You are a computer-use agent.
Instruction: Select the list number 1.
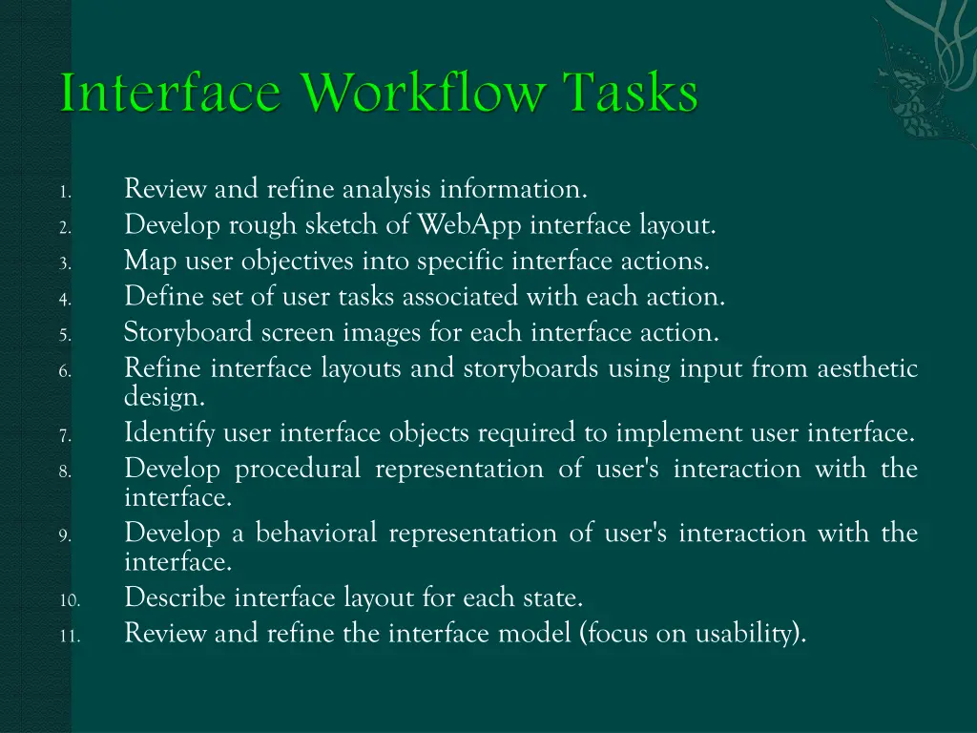click(x=62, y=193)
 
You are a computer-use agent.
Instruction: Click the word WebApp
click(x=470, y=225)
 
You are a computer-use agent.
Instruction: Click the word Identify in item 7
click(x=170, y=434)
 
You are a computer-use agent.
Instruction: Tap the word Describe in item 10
click(x=176, y=598)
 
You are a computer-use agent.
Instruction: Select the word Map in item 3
click(x=146, y=262)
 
